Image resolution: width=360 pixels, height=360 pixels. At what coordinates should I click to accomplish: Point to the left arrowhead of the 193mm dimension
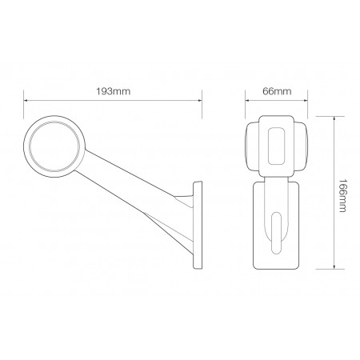tap(26, 101)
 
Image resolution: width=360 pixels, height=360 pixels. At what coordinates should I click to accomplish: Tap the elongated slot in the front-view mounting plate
tap(277, 232)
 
